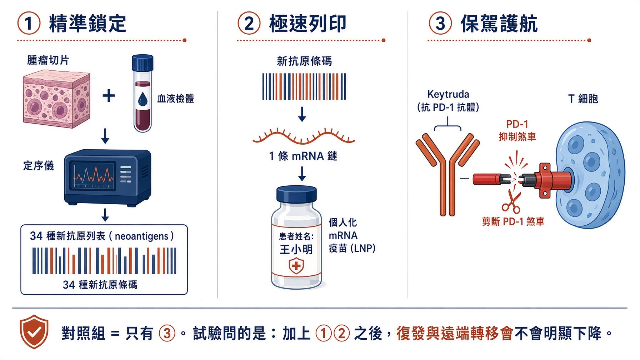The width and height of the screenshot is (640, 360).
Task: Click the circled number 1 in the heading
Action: coord(29,24)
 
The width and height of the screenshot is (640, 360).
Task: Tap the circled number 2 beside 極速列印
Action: coord(249,24)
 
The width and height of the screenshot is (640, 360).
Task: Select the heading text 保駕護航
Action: coord(499,24)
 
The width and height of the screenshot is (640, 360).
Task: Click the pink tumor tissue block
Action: coord(56,99)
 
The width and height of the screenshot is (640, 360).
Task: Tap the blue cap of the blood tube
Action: coord(142,63)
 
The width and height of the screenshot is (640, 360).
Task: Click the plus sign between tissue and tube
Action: coord(109,96)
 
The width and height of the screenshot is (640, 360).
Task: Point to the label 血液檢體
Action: coord(175,99)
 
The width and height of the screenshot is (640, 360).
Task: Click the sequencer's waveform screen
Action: coord(94,176)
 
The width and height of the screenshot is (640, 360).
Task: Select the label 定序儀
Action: coord(39,165)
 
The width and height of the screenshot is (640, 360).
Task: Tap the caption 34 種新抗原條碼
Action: coord(100,285)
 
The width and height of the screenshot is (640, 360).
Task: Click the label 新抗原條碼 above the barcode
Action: coord(304,61)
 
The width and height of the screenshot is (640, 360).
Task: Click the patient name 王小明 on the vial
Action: coord(296,249)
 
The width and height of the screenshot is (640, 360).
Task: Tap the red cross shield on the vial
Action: coord(296,266)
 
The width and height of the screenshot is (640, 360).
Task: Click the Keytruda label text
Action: coord(448,94)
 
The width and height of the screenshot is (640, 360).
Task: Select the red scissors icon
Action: coord(511,202)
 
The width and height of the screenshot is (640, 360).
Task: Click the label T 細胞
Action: coord(583,99)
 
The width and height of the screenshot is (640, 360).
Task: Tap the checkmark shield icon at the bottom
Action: coord(34,332)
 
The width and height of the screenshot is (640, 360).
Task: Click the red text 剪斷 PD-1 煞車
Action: coord(513,222)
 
